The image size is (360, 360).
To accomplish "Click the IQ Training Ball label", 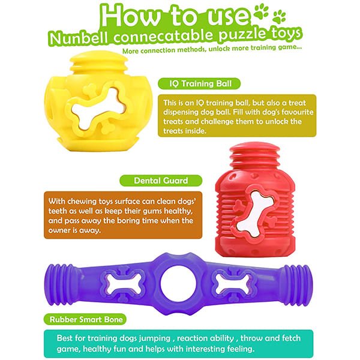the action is pos(199,83).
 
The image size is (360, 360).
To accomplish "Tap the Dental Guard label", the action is pos(161,181).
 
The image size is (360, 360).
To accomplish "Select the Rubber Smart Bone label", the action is pos(85,319).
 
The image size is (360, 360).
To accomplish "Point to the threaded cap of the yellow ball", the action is pos(99,61).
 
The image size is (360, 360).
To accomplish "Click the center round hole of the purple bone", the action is pos(178,283).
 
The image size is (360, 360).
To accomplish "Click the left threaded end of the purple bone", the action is pos(58,284).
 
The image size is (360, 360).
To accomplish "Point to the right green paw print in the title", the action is pos(279,17).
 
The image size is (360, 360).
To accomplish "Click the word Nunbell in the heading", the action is pos(79,38).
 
